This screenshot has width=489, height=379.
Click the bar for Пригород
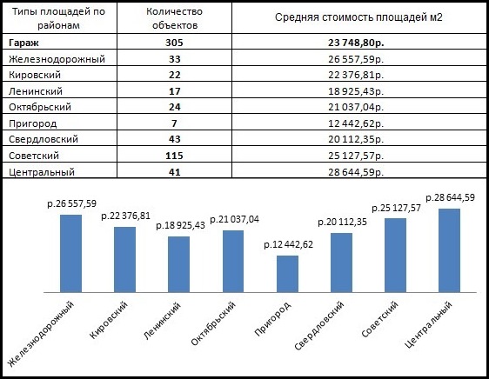287,274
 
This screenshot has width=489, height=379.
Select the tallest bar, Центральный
449,250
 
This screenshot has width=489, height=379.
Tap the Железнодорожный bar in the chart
70,254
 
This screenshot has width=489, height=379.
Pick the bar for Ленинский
178,264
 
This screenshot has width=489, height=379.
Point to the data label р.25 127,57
396,209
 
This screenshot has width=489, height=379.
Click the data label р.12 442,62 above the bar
289,244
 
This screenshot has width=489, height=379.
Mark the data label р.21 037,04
235,219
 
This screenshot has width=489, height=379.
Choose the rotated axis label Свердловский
318,326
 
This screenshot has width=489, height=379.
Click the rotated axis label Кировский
109,320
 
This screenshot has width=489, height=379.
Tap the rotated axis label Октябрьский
213,323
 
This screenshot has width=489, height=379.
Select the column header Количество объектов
174,18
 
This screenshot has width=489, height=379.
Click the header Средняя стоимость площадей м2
358,17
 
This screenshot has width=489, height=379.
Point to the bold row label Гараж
23,43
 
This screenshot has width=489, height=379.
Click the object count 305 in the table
174,43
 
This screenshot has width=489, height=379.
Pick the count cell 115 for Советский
174,156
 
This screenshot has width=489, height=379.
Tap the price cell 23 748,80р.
356,43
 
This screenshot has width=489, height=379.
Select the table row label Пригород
33,123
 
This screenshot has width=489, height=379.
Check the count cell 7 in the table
174,123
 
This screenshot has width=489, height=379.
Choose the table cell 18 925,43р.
356,91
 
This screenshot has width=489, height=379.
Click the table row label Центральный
42,172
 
